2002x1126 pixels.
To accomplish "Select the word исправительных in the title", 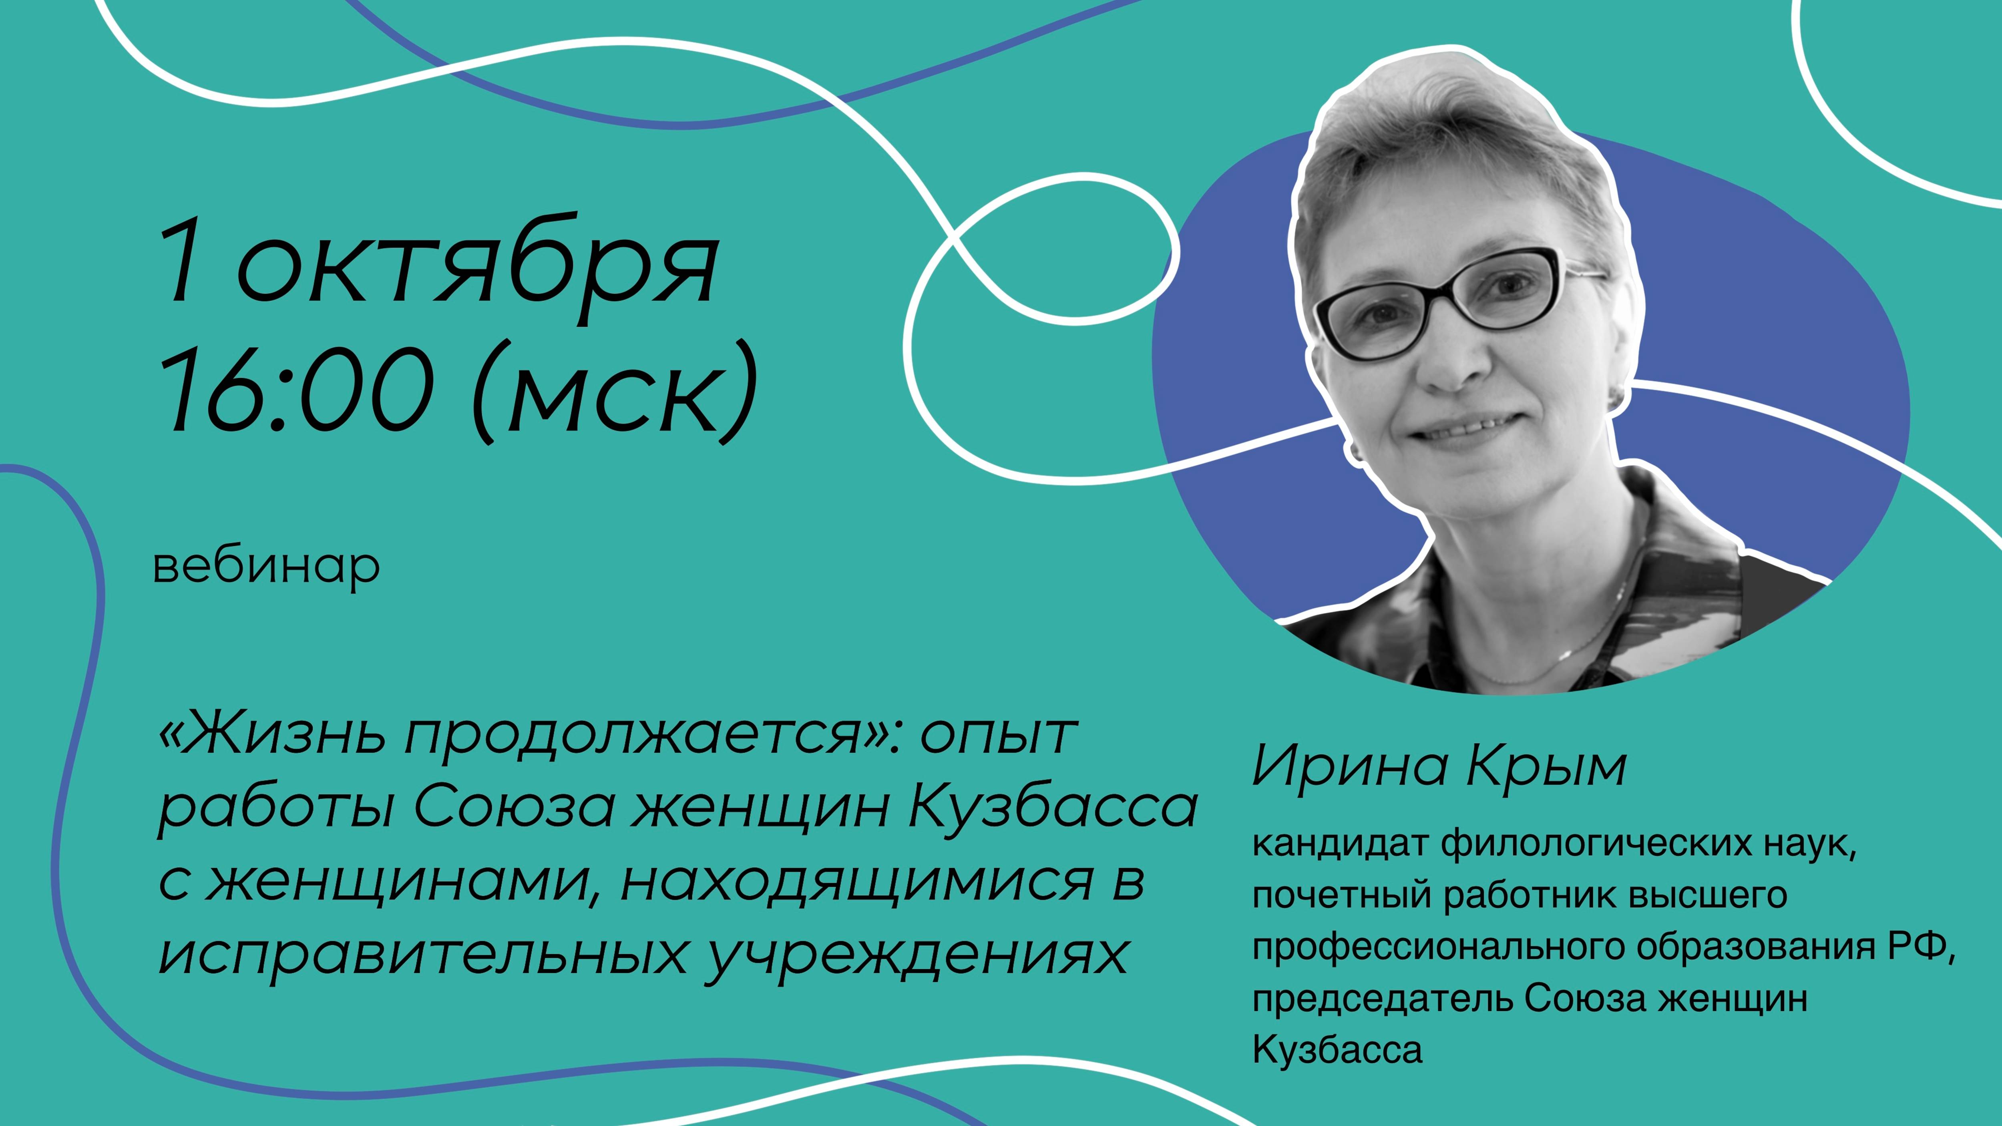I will pos(424,956).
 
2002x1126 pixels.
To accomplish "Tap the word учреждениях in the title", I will pos(917,956).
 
